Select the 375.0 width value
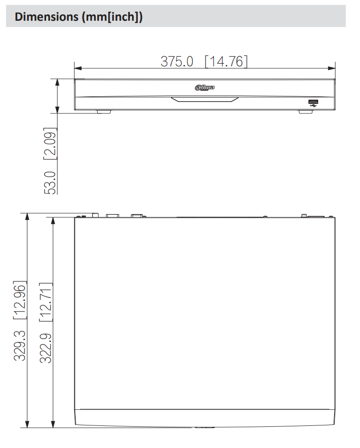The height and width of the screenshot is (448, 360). pos(177,61)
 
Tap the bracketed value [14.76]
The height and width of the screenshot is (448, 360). pos(226,61)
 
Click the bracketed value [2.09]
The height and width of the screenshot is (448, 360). pos(50,143)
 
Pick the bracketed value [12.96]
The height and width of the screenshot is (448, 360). pos(20,300)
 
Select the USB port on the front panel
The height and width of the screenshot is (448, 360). pos(313,102)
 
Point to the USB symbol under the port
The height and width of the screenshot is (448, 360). pos(313,107)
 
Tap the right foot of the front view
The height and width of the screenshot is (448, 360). pos(306,111)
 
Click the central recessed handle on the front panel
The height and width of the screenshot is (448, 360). pos(205,99)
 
